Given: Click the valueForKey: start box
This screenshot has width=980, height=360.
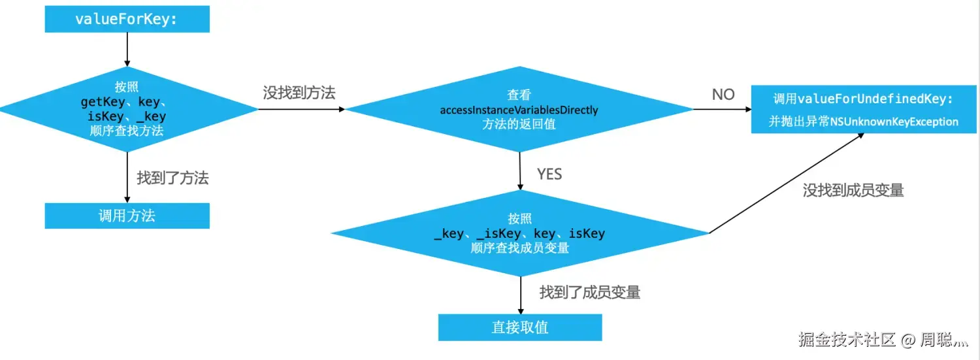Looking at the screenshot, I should (x=127, y=19).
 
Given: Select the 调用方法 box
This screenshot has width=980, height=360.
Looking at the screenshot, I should (x=127, y=216).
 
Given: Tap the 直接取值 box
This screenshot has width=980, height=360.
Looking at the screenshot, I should (x=520, y=327).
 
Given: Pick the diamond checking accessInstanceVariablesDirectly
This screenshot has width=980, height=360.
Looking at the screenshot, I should (x=519, y=110).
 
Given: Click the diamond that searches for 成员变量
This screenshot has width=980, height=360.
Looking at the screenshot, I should (x=519, y=233).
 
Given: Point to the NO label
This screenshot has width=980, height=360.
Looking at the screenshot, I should (x=723, y=95).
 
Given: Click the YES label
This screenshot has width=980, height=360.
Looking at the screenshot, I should (x=549, y=174).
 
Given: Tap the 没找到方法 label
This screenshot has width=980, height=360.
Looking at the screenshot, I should (x=299, y=93).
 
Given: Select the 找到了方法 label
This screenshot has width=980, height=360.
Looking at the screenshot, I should (x=172, y=178).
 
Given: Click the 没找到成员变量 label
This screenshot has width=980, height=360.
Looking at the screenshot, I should (x=853, y=190).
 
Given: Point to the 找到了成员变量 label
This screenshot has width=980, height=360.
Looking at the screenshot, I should (x=590, y=292).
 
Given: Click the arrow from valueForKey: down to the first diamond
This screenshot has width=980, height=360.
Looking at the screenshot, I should (x=127, y=49).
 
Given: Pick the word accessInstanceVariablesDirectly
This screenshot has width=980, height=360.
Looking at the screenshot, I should (x=519, y=110).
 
